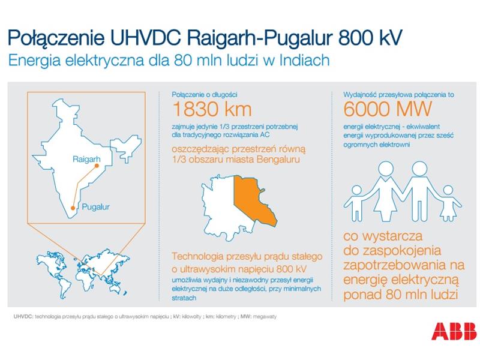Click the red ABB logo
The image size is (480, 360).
pos(454,331)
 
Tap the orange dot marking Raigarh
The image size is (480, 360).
pos(97,166)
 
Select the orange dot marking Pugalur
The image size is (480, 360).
pos(73,208)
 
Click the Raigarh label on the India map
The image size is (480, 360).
pos(86,159)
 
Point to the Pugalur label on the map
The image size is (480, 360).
pos(95,207)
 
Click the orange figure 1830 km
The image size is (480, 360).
pos(212,109)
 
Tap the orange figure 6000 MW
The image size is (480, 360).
pos(387,109)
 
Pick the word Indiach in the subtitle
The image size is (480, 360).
pos(305,60)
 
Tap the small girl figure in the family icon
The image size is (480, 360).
pos(448,203)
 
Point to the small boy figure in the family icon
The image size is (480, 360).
pos(356,203)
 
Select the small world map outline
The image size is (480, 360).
pos(82,272)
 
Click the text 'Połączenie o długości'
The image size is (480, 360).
pos(205,95)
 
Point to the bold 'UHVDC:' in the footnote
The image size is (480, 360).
pos(23,317)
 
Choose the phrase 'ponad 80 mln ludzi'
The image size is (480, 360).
pos(401,295)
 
